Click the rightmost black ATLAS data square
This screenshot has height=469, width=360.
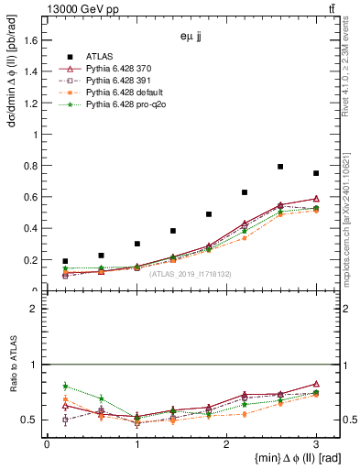tap(316, 173)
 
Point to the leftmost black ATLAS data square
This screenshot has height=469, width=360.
tap(65, 261)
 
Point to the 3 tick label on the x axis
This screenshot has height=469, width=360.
tap(316, 444)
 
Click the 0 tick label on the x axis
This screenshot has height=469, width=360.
tap(47, 444)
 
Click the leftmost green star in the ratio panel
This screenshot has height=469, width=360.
tap(65, 386)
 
